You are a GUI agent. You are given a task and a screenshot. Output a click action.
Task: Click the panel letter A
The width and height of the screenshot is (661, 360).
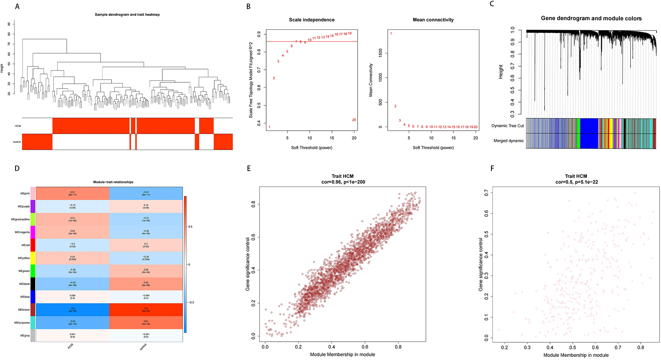click(x=17, y=6)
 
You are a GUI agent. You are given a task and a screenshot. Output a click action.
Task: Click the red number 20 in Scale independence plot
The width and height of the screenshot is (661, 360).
click(x=354, y=120)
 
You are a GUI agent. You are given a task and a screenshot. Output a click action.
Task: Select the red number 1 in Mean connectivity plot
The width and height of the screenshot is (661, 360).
click(x=391, y=33)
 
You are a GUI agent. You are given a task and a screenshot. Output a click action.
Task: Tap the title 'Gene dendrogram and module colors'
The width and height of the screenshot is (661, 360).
click(x=591, y=18)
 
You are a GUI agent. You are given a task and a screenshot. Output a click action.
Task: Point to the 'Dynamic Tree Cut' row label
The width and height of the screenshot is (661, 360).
click(x=508, y=126)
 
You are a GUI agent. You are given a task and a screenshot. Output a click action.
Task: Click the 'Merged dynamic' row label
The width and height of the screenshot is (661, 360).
click(x=509, y=141)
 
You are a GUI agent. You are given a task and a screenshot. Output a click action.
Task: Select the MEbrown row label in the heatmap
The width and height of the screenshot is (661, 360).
click(x=25, y=310)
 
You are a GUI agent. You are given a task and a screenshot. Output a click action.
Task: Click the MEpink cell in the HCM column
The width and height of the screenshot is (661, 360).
click(x=73, y=193)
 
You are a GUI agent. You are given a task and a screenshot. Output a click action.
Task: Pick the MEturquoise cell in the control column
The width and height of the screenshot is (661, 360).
click(x=146, y=323)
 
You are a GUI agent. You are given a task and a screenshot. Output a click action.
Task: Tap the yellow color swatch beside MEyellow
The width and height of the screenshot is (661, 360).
click(x=33, y=258)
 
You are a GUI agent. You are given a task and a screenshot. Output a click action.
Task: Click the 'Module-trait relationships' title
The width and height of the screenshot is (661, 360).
click(x=113, y=182)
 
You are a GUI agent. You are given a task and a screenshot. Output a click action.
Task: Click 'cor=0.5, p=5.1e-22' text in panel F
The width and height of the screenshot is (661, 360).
click(x=576, y=182)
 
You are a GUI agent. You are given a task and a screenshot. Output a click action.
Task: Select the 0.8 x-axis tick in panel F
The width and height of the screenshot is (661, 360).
click(x=640, y=347)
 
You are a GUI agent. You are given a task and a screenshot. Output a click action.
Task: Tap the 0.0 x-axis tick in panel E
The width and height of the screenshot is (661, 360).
click(x=265, y=346)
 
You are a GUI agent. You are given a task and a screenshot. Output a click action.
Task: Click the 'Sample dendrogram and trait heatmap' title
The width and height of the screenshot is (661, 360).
click(x=127, y=15)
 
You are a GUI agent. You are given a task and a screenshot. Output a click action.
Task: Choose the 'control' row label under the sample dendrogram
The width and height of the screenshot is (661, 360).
click(x=17, y=142)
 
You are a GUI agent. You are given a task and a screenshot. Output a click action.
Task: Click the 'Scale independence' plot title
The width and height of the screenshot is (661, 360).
click(x=311, y=20)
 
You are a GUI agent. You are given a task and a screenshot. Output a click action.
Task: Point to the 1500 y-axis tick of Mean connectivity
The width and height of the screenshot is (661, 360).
click(x=381, y=53)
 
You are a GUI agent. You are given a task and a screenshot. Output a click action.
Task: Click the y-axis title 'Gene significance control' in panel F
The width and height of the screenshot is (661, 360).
click(x=481, y=264)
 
